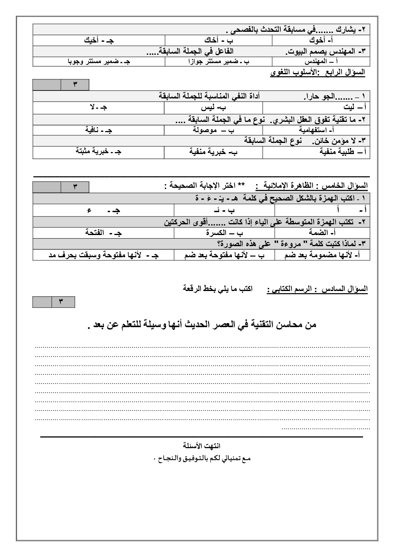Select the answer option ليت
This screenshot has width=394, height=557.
pos(353,107)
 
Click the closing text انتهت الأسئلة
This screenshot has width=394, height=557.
pos(201,446)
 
